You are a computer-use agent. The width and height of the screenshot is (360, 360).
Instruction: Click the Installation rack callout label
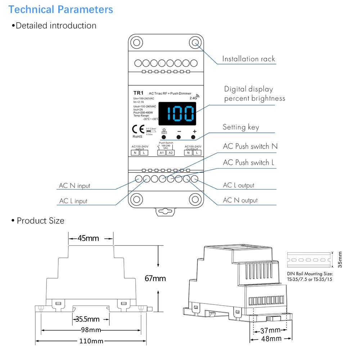248,59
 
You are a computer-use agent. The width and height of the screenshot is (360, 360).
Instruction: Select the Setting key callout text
241,127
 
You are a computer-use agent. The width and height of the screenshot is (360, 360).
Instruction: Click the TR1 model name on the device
138,93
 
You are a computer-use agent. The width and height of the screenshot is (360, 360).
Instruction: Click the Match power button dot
164,137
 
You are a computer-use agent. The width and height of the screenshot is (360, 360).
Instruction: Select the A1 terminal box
162,153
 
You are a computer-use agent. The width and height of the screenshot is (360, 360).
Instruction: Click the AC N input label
75,186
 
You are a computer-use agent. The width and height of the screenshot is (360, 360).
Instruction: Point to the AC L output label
238,185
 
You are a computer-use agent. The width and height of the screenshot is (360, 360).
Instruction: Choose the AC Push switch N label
250,146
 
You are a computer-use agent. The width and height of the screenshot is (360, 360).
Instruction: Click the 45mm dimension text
89,238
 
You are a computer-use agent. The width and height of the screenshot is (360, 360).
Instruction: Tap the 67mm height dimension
155,278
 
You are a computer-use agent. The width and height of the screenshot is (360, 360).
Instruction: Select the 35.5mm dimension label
87,319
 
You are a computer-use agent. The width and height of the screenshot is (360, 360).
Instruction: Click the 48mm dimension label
271,339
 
